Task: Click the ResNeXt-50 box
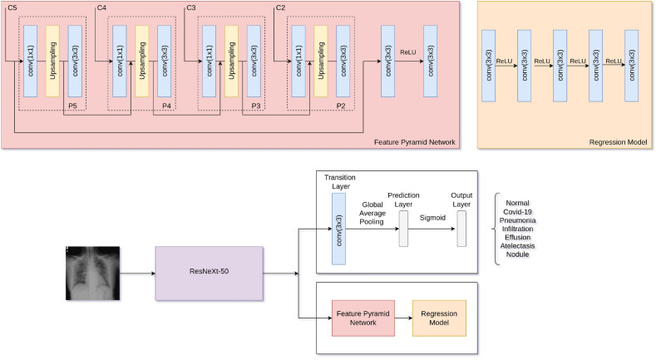[x=209, y=273]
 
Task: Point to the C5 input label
[x=12, y=7]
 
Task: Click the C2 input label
[x=280, y=7]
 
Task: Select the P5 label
[x=73, y=106]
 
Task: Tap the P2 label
[x=341, y=106]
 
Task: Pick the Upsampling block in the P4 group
[x=142, y=60]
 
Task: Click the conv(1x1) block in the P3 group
[x=209, y=60]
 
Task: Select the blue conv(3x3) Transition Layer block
[x=338, y=229]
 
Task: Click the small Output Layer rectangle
[x=461, y=229]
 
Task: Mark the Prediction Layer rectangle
[x=405, y=229]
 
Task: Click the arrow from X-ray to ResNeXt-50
[x=139, y=273]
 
